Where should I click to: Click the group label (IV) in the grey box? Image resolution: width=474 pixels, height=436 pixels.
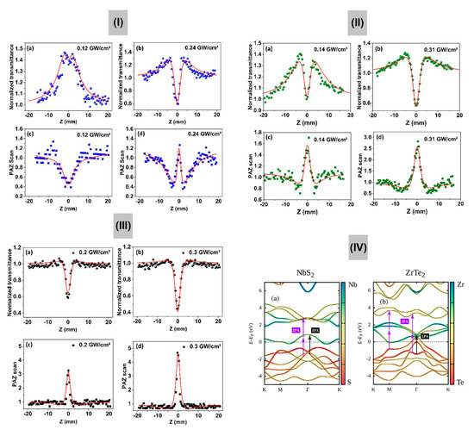[359, 249]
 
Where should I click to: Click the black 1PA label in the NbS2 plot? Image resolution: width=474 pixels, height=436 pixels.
[315, 329]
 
